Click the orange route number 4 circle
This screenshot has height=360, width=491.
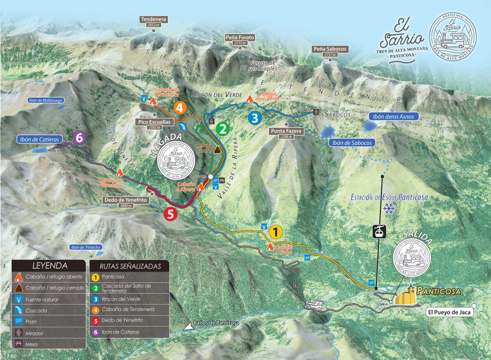tap(180, 108)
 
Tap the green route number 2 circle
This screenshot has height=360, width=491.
tap(221, 128)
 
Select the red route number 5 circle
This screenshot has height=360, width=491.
tap(171, 214)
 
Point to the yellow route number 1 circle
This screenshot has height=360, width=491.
tap(275, 232)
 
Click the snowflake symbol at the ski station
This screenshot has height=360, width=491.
tap(389, 209)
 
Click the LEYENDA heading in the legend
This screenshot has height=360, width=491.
tap(50, 266)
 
